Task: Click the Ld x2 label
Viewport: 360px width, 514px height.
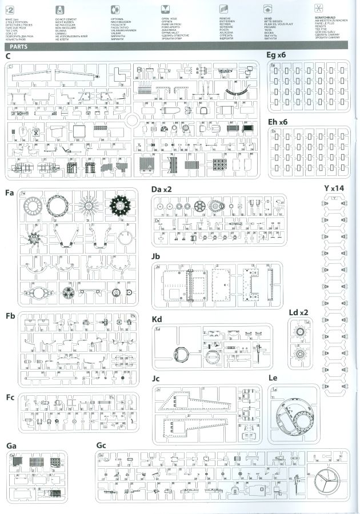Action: [299, 313]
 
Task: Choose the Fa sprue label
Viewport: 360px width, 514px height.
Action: [10, 193]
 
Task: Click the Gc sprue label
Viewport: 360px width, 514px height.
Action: [101, 445]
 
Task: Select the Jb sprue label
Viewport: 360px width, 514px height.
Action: [156, 256]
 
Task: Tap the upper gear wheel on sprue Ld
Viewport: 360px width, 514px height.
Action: [300, 331]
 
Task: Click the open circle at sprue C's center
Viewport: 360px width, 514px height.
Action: [133, 121]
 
